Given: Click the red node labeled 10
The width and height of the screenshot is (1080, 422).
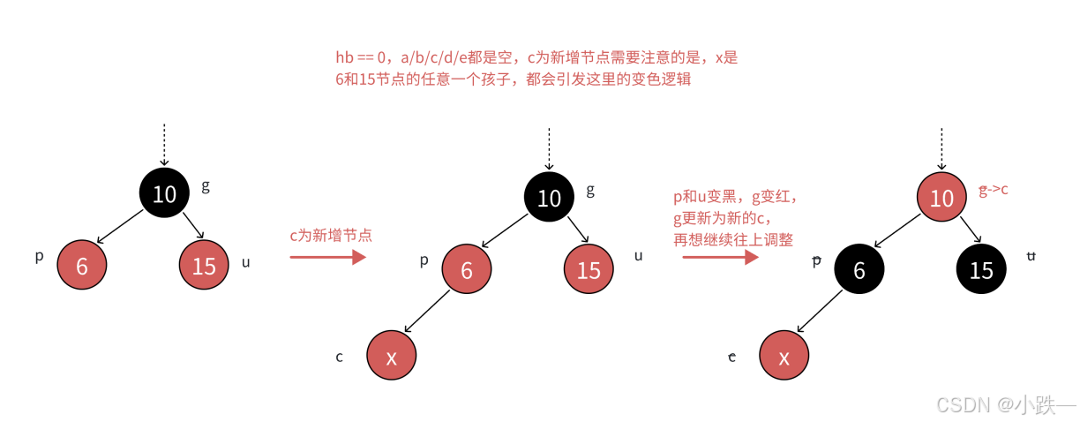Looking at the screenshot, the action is click(941, 198).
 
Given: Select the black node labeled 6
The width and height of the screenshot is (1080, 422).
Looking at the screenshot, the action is click(859, 270).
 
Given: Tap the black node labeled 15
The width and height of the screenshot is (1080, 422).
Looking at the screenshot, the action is click(981, 270).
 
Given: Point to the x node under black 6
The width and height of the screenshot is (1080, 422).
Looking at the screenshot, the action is click(783, 356).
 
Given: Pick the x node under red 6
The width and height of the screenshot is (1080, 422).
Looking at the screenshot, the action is click(391, 356).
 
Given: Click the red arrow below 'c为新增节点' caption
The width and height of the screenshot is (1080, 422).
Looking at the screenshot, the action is click(327, 257).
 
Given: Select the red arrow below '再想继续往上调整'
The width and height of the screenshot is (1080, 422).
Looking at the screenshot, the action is click(719, 257).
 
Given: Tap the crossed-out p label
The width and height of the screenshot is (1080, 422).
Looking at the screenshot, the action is click(816, 260).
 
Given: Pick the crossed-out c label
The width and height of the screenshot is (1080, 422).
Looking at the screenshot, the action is click(731, 357).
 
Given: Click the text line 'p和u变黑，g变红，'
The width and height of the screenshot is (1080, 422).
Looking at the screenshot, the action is click(733, 199).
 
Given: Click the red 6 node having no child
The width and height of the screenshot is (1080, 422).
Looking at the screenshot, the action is click(82, 265).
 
